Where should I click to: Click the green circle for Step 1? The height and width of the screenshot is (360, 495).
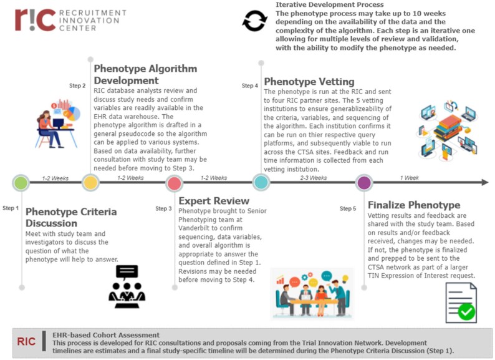tap(21, 183)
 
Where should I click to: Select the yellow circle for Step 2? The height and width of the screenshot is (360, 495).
tap(90, 183)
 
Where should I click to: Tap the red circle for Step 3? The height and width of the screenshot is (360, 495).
tap(175, 183)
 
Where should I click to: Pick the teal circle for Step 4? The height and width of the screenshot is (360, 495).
tap(261, 183)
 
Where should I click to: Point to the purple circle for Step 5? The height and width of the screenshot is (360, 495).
tap(364, 183)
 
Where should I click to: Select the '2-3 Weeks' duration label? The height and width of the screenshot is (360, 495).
tap(313, 177)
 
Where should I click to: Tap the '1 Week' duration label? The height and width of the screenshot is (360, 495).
tap(409, 177)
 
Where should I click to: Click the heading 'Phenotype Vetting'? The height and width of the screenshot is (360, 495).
tap(309, 81)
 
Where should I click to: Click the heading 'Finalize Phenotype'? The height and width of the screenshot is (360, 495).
tap(414, 205)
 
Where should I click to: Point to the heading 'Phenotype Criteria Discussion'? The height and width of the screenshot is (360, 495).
tap(70, 217)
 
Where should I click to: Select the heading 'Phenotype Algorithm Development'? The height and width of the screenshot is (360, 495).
tap(145, 75)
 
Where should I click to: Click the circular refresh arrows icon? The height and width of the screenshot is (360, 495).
tap(254, 22)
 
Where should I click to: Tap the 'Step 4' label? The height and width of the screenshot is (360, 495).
tap(250, 85)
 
